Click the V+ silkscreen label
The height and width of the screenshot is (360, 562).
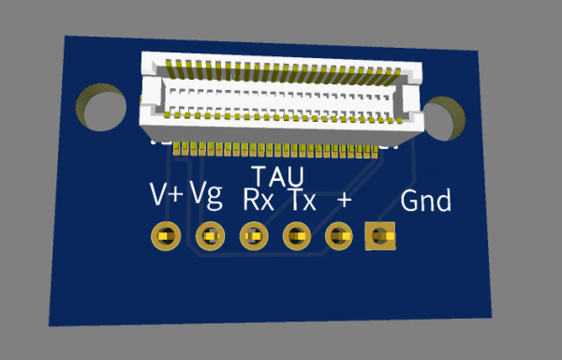click(167, 194)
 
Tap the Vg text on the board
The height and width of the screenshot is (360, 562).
click(206, 195)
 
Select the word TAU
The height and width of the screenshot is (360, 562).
click(278, 176)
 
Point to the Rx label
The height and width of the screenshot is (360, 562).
click(259, 200)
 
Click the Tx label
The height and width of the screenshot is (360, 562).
click(303, 200)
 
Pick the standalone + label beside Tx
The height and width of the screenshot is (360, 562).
click(344, 200)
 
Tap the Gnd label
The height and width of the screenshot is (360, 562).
click(425, 201)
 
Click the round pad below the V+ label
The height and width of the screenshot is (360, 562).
click(166, 236)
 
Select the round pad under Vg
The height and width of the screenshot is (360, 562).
click(211, 236)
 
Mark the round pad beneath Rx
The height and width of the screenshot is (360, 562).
click(254, 236)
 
